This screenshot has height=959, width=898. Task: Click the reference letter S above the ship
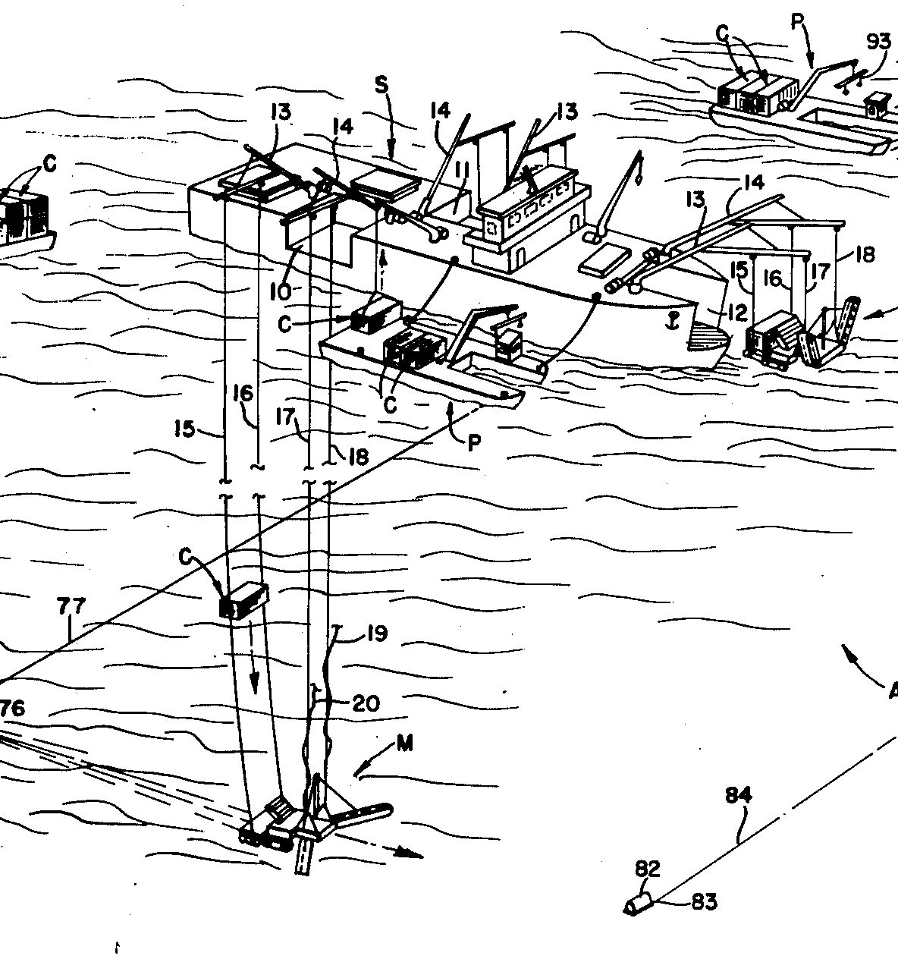click(x=381, y=86)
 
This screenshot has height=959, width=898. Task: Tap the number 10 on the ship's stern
click(x=281, y=292)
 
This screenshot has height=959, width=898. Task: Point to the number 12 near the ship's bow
click(x=737, y=313)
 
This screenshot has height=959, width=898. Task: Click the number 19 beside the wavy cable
click(x=377, y=634)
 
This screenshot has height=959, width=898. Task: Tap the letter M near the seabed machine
click(x=405, y=744)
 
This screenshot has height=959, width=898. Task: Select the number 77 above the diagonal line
click(x=71, y=606)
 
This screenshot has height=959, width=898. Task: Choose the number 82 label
click(x=647, y=869)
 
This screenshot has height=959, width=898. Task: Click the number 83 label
click(x=705, y=901)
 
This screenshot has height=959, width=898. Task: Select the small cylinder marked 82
click(x=638, y=904)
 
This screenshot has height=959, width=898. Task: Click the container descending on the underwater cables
click(x=243, y=601)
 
